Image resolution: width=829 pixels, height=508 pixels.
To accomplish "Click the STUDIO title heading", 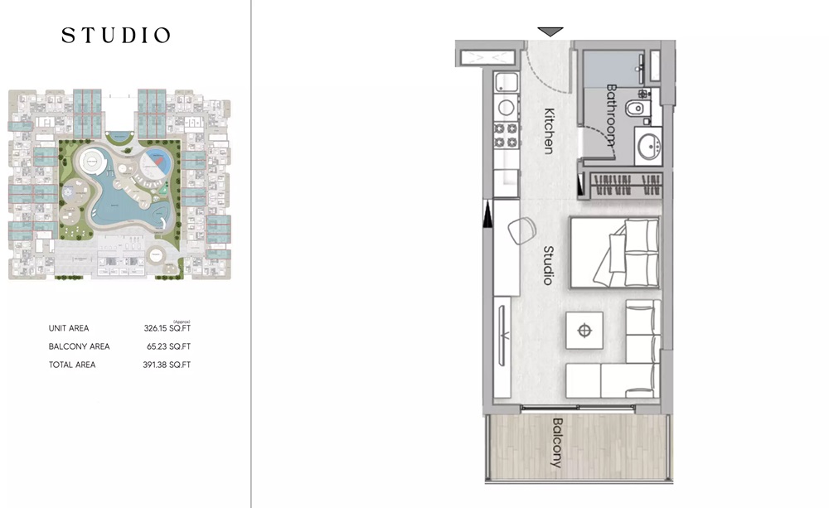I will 116,36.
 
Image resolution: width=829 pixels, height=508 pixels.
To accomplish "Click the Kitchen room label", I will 549,131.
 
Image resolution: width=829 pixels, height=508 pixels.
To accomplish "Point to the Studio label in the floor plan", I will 548,265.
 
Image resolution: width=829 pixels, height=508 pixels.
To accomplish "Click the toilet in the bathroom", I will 637,109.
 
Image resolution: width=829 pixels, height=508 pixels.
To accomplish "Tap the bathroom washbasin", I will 647,147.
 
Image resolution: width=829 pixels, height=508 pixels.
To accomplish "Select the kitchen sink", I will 505,82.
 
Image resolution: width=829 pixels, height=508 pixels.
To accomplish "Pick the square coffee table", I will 585,331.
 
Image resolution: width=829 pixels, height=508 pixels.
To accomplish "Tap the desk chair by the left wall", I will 522,230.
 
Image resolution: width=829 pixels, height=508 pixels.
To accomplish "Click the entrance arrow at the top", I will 550,31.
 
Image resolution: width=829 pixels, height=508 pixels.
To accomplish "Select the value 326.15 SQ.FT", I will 167,329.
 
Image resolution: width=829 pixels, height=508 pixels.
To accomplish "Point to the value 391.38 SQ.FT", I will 167,365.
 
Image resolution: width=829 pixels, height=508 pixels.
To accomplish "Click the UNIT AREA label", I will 69,329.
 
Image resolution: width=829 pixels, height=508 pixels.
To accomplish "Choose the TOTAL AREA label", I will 72,365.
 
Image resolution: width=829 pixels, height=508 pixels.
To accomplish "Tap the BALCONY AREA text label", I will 79,346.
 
